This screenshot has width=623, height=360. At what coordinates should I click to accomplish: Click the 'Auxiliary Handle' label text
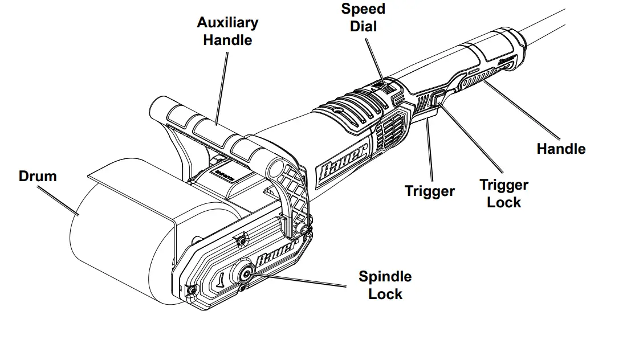click(x=227, y=31)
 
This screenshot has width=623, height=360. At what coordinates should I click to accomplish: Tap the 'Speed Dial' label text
click(x=363, y=17)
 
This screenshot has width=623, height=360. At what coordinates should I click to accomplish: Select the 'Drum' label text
click(x=38, y=176)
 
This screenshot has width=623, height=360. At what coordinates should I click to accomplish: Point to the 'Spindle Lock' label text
click(x=385, y=285)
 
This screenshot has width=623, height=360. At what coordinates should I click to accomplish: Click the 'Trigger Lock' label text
click(x=503, y=194)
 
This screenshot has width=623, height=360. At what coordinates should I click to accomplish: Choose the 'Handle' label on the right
click(x=561, y=149)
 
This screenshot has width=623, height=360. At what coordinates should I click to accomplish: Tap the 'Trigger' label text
click(x=430, y=191)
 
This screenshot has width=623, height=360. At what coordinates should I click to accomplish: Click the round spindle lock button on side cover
click(x=246, y=274)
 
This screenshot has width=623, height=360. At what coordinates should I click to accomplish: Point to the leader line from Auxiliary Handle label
click(x=222, y=85)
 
